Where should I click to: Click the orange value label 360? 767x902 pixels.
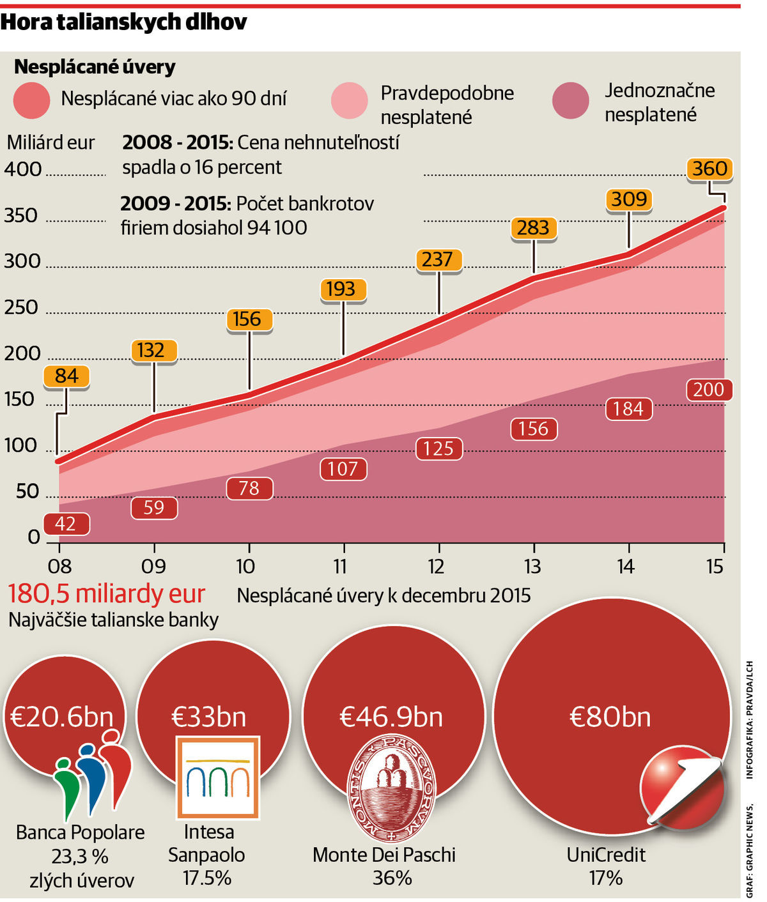pyautogui.click(x=709, y=169)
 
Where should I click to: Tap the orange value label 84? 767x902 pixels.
pyautogui.click(x=66, y=376)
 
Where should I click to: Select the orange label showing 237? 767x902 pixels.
pyautogui.click(x=438, y=259)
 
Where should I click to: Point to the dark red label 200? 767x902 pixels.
pyautogui.click(x=708, y=389)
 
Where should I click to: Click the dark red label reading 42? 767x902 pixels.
pyautogui.click(x=65, y=524)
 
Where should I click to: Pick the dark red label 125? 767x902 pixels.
pyautogui.click(x=438, y=448)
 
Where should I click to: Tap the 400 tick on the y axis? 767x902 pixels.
pyautogui.click(x=22, y=169)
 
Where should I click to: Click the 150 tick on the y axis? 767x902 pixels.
pyautogui.click(x=19, y=399)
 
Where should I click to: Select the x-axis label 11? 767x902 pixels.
pyautogui.click(x=340, y=566)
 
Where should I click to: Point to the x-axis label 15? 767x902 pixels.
pyautogui.click(x=715, y=566)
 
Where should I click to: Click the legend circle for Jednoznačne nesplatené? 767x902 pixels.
pyautogui.click(x=570, y=101)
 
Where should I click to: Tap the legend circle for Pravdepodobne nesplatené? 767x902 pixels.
pyautogui.click(x=350, y=101)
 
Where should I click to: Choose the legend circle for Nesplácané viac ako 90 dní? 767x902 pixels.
pyautogui.click(x=31, y=100)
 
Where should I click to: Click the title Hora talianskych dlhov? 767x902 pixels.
pyautogui.click(x=123, y=22)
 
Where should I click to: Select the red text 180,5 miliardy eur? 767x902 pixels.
pyautogui.click(x=106, y=594)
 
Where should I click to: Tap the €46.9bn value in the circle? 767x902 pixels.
pyautogui.click(x=391, y=717)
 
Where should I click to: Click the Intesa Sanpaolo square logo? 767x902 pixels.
pyautogui.click(x=218, y=777)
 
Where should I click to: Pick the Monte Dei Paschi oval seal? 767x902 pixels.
pyautogui.click(x=391, y=788)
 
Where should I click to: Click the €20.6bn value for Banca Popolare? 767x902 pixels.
pyautogui.click(x=62, y=717)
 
